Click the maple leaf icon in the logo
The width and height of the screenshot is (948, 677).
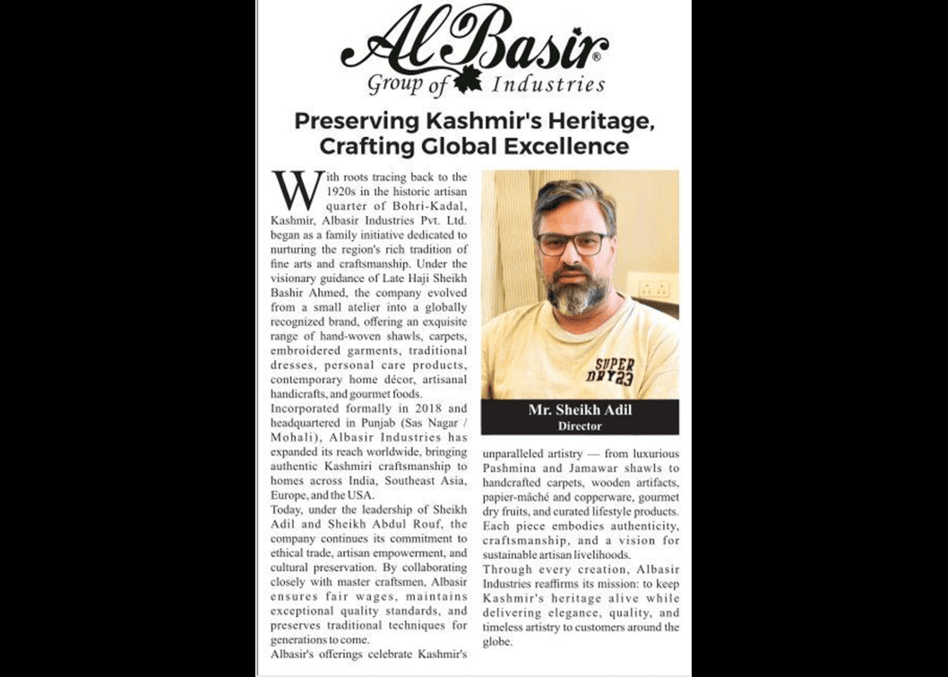pyautogui.click(x=467, y=80)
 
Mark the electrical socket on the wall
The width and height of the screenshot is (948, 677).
pyautogui.click(x=654, y=288)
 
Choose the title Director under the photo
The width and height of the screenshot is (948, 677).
pyautogui.click(x=579, y=426)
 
